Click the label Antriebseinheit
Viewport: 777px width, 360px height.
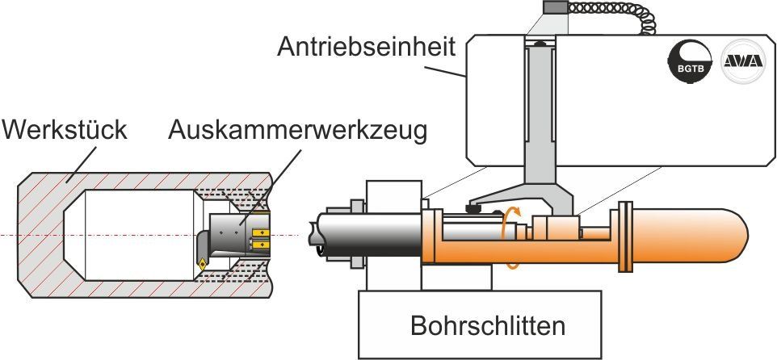[366, 47]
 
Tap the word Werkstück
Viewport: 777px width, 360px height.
[65, 131]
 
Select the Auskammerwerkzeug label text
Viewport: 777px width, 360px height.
[298, 132]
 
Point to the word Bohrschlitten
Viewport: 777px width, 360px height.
[488, 326]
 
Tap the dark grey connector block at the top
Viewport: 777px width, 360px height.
[555, 7]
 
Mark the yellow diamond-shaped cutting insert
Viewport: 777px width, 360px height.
[204, 264]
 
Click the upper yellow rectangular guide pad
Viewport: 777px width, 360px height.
[259, 232]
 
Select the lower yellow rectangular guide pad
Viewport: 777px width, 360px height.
[259, 244]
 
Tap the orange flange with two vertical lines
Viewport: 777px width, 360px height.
[626, 237]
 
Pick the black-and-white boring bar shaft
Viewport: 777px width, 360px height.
[367, 234]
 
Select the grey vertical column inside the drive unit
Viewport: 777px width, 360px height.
[540, 114]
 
